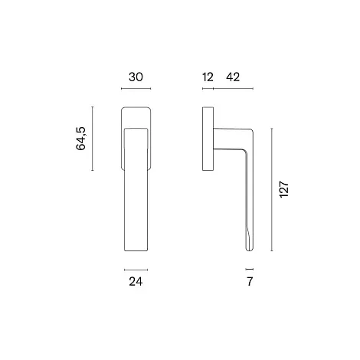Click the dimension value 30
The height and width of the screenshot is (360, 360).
(x=136, y=77)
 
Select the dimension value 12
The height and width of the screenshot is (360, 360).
(x=208, y=77)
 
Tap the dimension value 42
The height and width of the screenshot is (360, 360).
(x=233, y=77)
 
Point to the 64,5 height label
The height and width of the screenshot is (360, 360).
(x=81, y=139)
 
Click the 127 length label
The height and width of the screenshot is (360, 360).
(x=284, y=189)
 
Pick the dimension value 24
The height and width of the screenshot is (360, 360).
(x=136, y=282)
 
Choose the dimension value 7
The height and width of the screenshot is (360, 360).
(x=250, y=282)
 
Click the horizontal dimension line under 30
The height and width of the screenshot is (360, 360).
(x=136, y=89)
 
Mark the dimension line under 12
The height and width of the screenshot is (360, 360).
(x=208, y=89)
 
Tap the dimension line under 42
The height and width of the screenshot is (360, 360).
(x=233, y=89)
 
